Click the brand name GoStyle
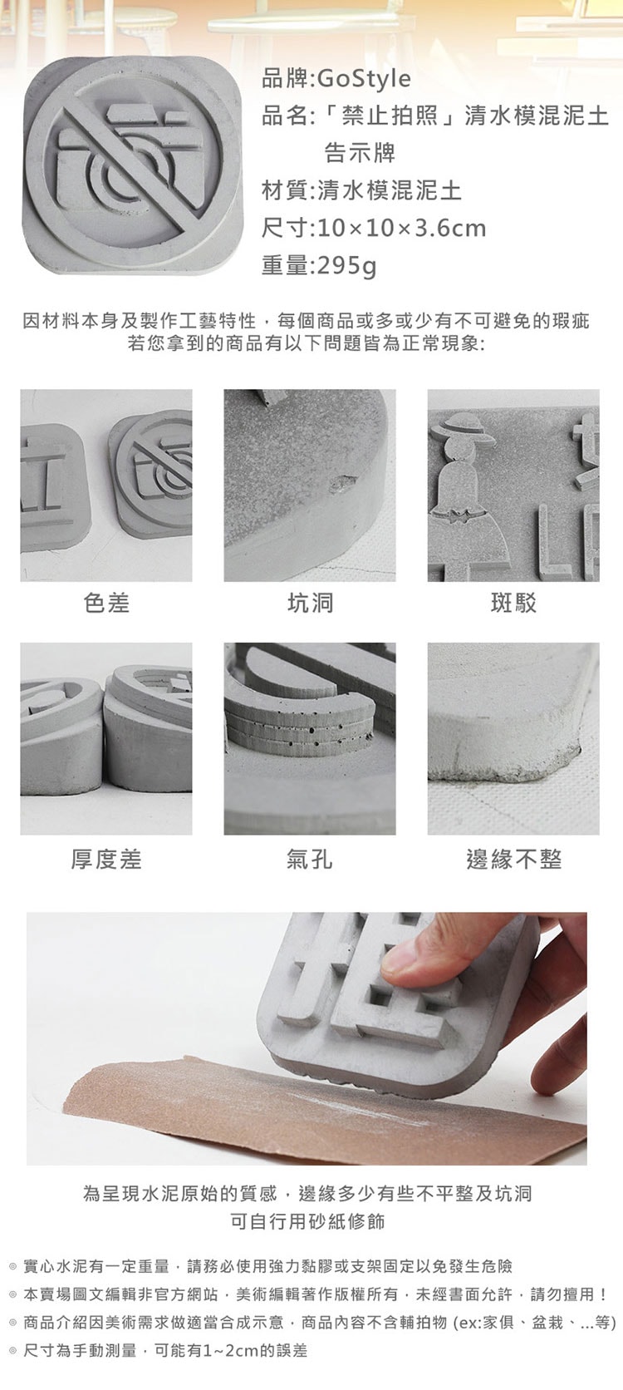[364, 79]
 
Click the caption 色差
[106, 603]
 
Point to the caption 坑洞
[310, 603]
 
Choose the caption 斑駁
[513, 603]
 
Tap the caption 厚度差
[106, 860]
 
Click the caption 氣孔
[310, 860]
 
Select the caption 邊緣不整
[513, 860]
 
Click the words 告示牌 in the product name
[360, 153]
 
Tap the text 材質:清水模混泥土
[361, 191]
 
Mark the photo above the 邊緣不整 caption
[513, 738]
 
